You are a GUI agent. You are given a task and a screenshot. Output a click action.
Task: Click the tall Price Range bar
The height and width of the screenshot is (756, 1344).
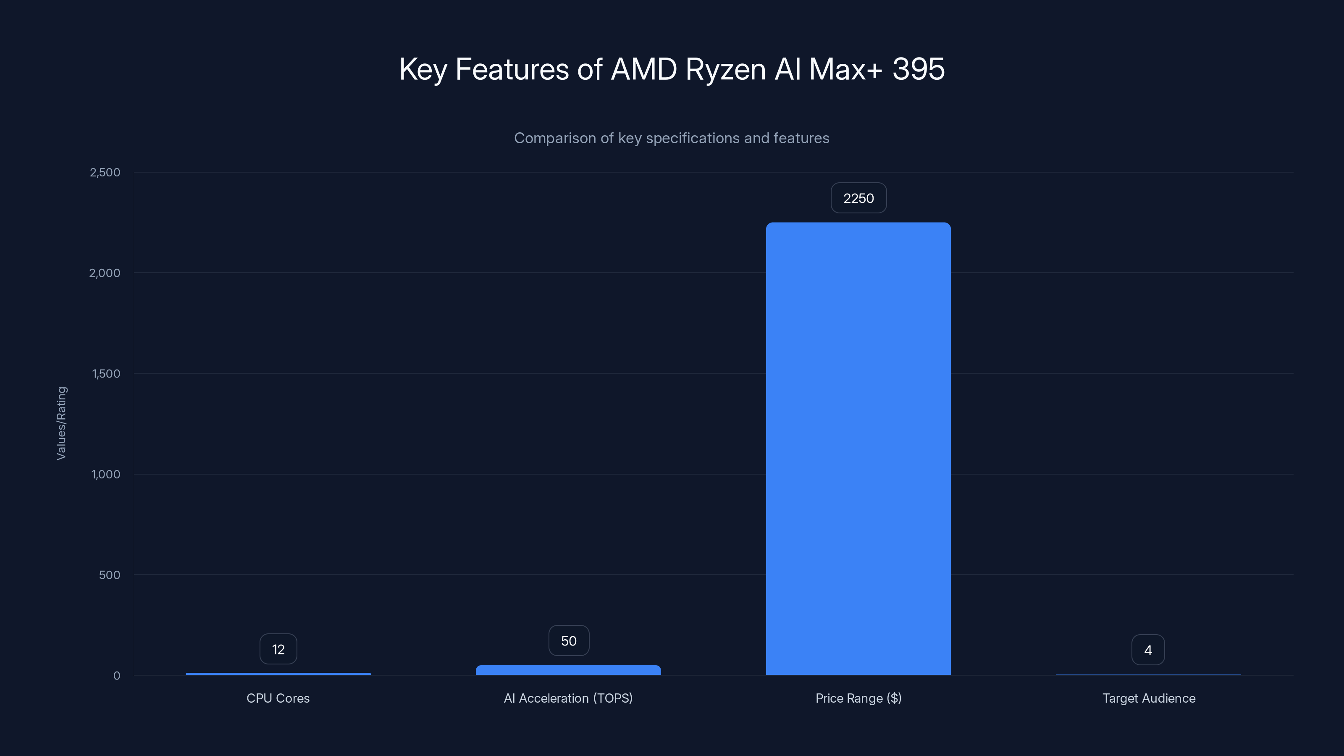(x=858, y=449)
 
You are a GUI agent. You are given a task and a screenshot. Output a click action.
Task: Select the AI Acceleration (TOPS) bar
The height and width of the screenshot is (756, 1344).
(x=568, y=670)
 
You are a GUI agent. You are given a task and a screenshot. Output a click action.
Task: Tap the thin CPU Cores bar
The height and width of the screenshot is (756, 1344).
(x=278, y=674)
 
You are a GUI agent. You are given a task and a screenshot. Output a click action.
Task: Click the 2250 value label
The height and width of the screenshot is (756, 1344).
(x=858, y=198)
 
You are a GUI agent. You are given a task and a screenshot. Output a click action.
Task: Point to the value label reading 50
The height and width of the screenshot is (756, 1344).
(x=569, y=640)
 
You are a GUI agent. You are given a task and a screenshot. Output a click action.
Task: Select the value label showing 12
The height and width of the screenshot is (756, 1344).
(x=278, y=649)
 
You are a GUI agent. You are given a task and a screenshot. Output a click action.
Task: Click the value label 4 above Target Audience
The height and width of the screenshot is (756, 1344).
(x=1148, y=650)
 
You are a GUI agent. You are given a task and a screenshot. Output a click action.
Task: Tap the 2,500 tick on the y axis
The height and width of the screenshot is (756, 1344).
(x=105, y=172)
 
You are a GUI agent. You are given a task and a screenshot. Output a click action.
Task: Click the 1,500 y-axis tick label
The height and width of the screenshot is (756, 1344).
(x=106, y=373)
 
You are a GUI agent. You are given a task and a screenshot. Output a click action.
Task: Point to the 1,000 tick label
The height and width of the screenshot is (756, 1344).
(x=106, y=474)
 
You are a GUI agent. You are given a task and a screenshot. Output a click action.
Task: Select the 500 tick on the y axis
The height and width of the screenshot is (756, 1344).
(x=110, y=575)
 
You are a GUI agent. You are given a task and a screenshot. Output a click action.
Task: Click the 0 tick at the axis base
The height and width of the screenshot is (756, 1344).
(x=117, y=676)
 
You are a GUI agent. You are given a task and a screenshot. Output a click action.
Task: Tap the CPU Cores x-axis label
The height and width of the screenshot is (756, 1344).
(x=278, y=698)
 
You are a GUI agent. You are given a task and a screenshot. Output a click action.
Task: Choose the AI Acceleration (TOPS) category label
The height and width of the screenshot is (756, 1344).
(x=568, y=698)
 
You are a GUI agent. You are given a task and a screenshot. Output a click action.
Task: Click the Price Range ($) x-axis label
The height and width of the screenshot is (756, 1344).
(x=858, y=698)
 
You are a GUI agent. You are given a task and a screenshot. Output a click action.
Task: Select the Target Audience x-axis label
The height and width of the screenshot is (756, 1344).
(x=1148, y=698)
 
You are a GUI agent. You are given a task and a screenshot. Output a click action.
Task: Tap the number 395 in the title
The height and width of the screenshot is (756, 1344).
(x=918, y=69)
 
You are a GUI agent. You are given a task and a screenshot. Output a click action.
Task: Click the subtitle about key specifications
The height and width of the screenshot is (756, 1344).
(x=672, y=138)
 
